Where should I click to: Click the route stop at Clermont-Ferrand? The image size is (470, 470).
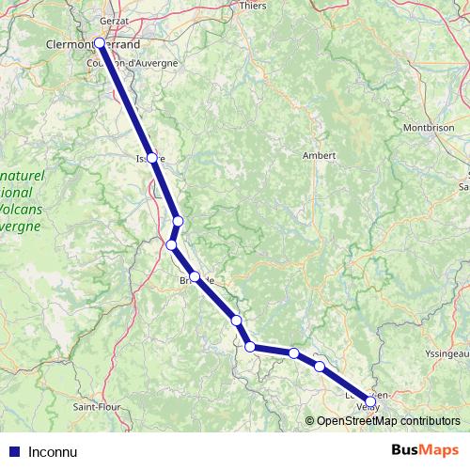100,42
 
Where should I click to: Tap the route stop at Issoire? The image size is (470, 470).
151,158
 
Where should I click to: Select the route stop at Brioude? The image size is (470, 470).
195,277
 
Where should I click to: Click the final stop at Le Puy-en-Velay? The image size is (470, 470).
370,401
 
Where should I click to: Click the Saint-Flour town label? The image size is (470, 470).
95,408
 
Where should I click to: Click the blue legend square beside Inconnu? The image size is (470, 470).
13,451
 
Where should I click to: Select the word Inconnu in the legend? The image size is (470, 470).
53,451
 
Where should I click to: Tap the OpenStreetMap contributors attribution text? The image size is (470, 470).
387,420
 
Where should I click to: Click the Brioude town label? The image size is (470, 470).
203,280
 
